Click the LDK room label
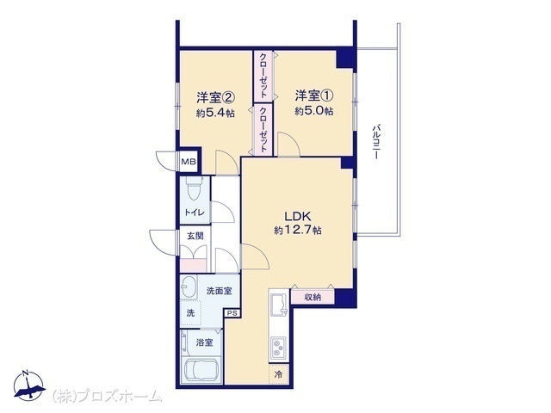point(298,216)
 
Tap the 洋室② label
point(215,97)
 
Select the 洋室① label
point(313,96)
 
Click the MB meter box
point(189,162)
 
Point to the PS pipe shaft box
point(232,313)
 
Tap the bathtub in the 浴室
point(201,369)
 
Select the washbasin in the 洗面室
point(188,287)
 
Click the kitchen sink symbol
point(279,303)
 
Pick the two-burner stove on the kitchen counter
point(279,348)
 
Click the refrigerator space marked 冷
point(279,374)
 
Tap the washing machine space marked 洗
point(190,312)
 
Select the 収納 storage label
point(313,298)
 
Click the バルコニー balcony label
point(376,141)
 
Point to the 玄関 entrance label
point(195,236)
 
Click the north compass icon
point(29,385)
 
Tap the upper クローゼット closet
point(263,76)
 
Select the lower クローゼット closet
point(263,129)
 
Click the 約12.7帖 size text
point(298,231)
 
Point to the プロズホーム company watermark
point(108,397)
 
